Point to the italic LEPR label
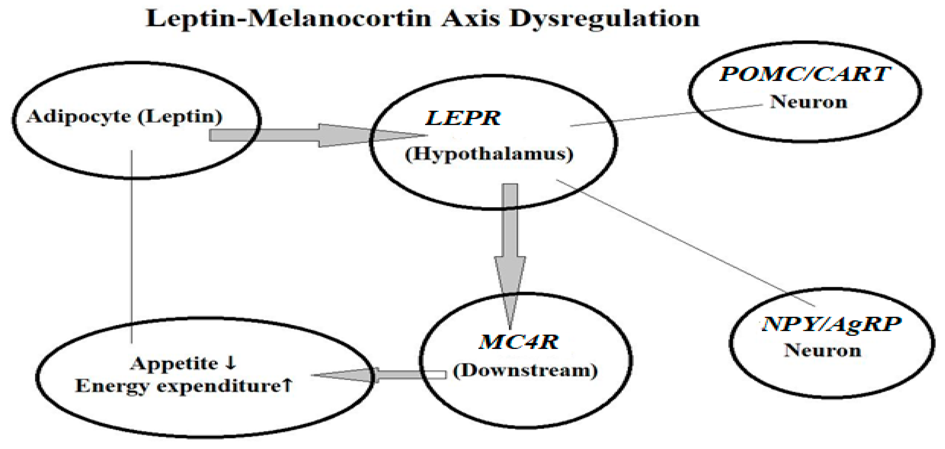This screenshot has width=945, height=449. click(x=463, y=118)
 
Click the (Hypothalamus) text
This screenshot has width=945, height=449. click(x=489, y=154)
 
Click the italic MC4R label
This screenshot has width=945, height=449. click(x=519, y=342)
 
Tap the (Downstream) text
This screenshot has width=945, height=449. click(x=525, y=371)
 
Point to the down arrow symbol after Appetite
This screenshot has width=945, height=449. click(x=231, y=363)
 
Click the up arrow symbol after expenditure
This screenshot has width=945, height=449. click(x=287, y=385)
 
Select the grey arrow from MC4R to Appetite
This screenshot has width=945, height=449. click(x=378, y=375)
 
